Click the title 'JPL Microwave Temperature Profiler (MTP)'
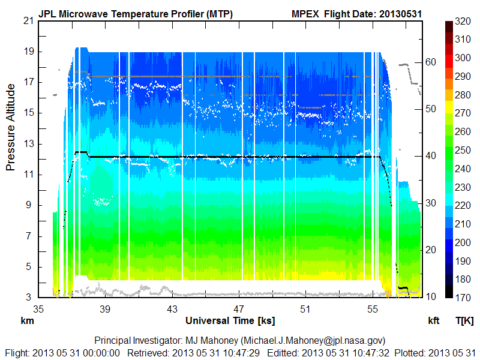tap(135, 13)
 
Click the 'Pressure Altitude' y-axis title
tap(11, 127)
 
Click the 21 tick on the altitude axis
tap(28, 20)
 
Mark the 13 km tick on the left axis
tap(28, 143)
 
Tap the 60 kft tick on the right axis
tap(430, 62)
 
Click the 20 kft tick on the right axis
tap(430, 250)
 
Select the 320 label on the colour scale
tap(462, 20)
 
